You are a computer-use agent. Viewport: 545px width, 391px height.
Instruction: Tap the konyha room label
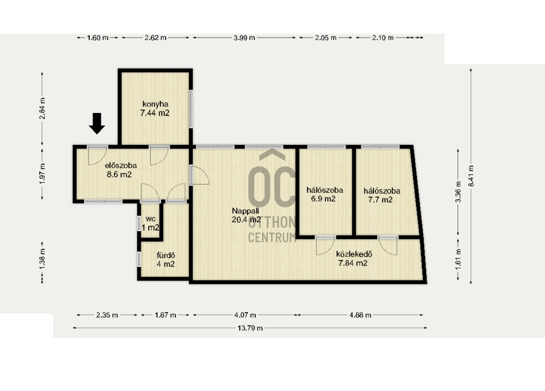coord(155,104)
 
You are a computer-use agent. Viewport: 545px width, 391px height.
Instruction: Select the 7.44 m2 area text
coord(155,113)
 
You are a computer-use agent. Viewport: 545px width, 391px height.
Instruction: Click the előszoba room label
coord(121,166)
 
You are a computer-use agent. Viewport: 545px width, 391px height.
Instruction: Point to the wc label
coord(151,219)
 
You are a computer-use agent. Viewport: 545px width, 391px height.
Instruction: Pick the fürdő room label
coord(166,255)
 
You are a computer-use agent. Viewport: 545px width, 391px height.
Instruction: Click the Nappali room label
coord(246,211)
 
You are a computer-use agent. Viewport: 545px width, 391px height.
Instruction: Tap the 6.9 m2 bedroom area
coord(323,199)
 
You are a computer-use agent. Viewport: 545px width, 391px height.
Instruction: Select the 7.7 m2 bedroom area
coord(380,200)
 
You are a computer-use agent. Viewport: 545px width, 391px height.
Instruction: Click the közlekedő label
coord(354,254)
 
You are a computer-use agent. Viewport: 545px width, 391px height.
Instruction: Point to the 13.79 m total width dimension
coord(250,328)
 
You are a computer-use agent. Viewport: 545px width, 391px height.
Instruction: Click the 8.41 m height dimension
coord(471,176)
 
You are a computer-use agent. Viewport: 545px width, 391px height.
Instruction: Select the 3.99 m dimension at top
coord(244,38)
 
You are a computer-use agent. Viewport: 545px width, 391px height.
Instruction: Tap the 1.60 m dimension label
coord(98,38)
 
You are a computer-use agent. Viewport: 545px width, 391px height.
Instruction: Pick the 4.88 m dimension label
coord(360,315)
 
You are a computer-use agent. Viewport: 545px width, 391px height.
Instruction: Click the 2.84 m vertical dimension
coord(42,108)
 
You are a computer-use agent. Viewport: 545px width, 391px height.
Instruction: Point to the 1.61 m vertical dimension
coord(458,259)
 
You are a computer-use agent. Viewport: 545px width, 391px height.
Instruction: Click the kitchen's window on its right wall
coord(191,109)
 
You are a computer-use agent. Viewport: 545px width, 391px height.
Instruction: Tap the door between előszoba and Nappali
coord(199,175)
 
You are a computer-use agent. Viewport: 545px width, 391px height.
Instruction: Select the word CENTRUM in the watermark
coord(272,237)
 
